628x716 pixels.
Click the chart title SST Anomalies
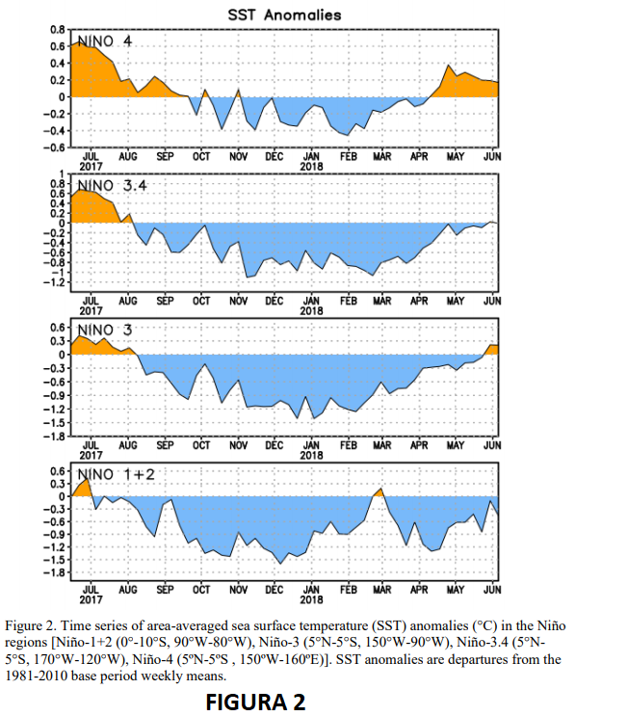[283, 14]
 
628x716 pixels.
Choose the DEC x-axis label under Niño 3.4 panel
[275, 301]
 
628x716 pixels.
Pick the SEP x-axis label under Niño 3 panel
[164, 445]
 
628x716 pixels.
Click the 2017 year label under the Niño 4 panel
[91, 165]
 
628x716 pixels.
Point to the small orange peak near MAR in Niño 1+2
[379, 492]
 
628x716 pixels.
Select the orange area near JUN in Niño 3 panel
[492, 349]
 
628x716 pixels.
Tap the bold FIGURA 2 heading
[255, 703]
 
